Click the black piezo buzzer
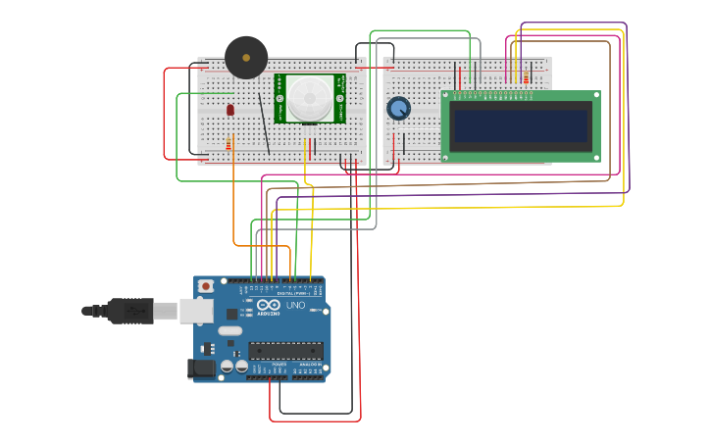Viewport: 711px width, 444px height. (246, 58)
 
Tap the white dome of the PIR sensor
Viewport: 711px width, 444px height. (310, 98)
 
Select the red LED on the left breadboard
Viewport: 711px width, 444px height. (230, 110)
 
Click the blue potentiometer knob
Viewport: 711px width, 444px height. (398, 108)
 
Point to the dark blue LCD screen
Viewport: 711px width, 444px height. (520, 125)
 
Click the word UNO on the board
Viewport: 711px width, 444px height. (295, 306)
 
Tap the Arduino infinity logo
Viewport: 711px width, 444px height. (269, 306)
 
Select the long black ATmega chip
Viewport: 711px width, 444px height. (285, 350)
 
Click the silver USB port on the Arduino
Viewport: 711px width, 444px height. (196, 311)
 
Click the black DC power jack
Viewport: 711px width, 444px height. (201, 369)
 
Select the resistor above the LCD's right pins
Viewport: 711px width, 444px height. (526, 76)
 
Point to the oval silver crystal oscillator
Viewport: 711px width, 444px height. (230, 331)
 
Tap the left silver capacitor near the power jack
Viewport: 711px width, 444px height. (227, 366)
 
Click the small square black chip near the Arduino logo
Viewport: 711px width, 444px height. (231, 314)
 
